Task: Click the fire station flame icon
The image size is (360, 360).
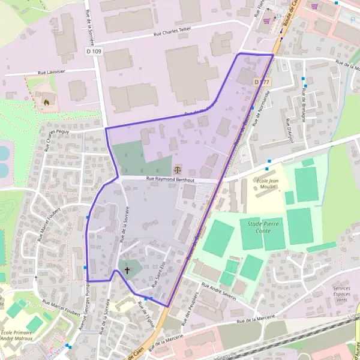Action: (x=46, y=102)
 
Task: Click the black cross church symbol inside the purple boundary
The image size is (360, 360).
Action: (x=127, y=271)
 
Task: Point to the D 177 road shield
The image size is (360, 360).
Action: (x=262, y=82)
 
